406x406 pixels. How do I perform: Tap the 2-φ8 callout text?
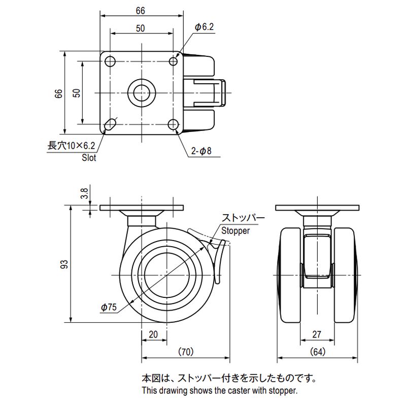coord(201,151)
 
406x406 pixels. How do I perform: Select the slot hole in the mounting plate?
coord(110,124)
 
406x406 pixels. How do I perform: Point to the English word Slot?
coord(89,158)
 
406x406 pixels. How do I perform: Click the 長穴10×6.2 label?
coord(71,146)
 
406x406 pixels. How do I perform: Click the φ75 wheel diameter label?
coord(109,307)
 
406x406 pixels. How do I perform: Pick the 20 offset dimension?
coord(153,335)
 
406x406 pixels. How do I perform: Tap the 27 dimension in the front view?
coord(317,335)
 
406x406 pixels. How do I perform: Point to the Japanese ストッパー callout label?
coord(243,219)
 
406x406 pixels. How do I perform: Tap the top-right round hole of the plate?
coord(174,61)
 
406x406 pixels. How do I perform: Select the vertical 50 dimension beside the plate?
coord(76,92)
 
